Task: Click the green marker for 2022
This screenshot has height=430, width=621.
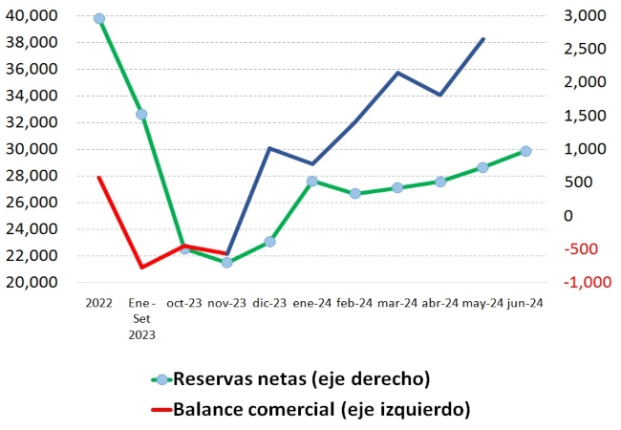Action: click(99, 18)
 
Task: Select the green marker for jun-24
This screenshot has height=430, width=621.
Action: click(525, 151)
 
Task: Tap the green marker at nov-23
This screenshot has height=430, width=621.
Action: click(226, 262)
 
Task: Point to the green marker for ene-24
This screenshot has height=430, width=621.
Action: click(312, 181)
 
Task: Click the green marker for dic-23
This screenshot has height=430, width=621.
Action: click(269, 242)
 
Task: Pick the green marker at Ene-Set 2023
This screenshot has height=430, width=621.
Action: click(141, 114)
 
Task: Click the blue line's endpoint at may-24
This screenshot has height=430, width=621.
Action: click(483, 39)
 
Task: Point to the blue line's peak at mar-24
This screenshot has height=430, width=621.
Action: click(397, 73)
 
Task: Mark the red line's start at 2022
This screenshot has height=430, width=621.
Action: click(99, 177)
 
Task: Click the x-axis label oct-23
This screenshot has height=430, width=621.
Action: click(183, 303)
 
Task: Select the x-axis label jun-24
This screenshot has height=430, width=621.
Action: click(525, 303)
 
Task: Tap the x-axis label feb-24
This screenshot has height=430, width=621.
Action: click(354, 303)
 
